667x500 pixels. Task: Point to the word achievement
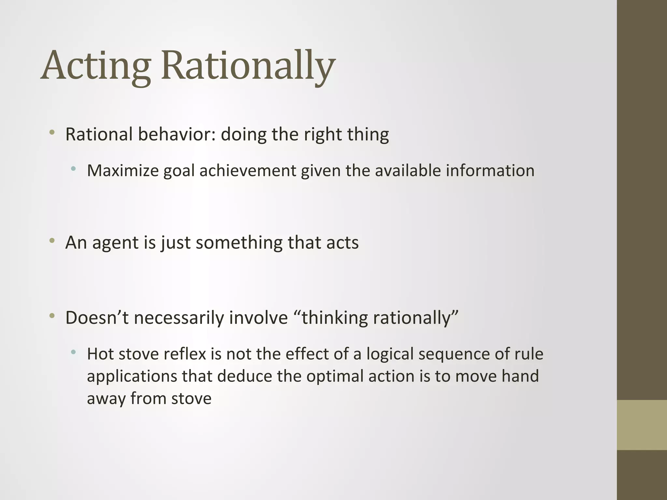coord(247,171)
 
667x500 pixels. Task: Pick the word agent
coord(115,243)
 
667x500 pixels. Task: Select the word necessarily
coord(179,318)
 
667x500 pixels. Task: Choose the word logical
coord(390,354)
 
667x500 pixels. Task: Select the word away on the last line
coord(106,398)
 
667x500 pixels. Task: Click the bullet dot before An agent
coord(52,241)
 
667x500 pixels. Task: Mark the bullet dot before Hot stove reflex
coord(74,352)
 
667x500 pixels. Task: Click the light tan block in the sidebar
coord(642,425)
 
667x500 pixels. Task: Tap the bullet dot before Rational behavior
coord(52,133)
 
